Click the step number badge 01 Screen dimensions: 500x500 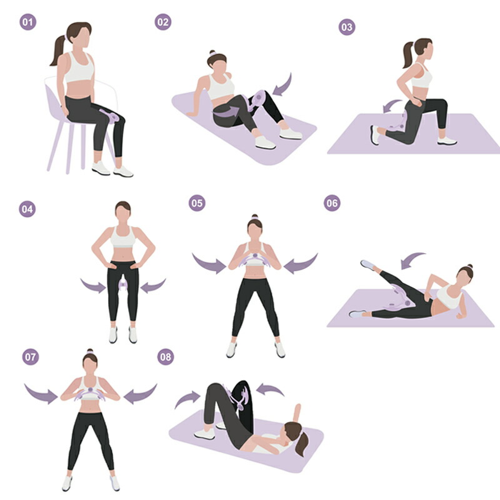click(x=27, y=22)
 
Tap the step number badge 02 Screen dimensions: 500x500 click(x=163, y=22)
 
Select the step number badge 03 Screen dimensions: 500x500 click(x=347, y=27)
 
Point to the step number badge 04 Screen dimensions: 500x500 click(x=27, y=209)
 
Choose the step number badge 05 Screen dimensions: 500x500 click(x=197, y=203)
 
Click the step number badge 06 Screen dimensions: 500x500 click(x=332, y=203)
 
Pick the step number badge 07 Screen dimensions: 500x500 click(x=31, y=356)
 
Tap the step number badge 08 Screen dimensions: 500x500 click(x=166, y=356)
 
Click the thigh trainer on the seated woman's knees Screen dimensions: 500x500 click(x=110, y=116)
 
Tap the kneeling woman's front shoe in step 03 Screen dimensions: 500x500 click(x=447, y=141)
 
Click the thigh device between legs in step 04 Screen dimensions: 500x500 click(x=122, y=284)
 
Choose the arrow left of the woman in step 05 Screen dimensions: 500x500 click(x=209, y=263)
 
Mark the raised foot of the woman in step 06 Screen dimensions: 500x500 click(x=367, y=264)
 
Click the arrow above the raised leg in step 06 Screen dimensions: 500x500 click(x=412, y=260)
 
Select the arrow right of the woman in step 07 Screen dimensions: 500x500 click(x=140, y=394)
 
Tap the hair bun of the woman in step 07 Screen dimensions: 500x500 click(x=90, y=351)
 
